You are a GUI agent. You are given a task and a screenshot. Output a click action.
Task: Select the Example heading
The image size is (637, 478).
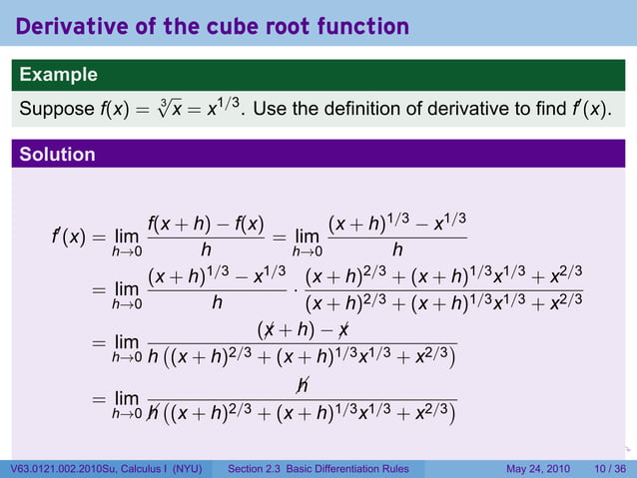pos(58,75)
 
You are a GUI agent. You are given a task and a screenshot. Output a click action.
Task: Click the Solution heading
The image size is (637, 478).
pos(57,155)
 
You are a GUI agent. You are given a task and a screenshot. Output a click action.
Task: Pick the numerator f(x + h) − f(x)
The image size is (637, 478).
pos(204,226)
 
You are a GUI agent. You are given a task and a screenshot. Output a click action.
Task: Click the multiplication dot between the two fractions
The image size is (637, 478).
pos(297,292)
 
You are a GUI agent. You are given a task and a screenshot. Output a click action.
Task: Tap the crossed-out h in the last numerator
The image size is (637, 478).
pos(303,383)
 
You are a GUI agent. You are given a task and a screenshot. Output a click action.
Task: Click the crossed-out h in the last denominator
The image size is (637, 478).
pos(153,410)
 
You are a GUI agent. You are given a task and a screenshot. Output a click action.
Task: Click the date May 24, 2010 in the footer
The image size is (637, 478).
pos(538,469)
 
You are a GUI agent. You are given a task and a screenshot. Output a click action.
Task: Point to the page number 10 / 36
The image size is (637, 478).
pos(609,469)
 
